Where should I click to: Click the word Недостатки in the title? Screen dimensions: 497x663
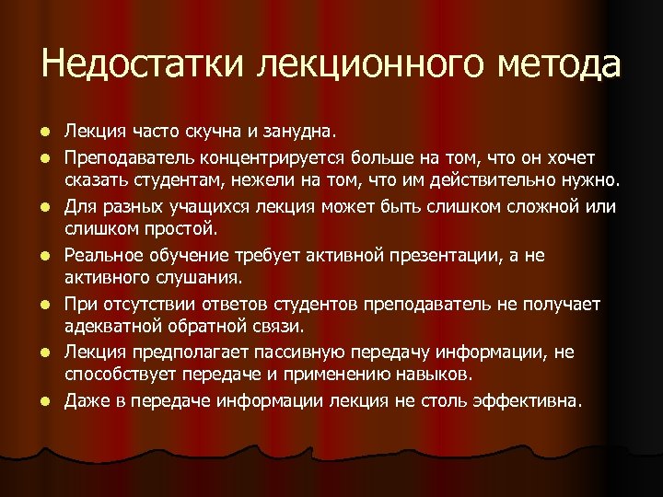click(x=144, y=64)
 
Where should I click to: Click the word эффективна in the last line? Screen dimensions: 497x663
click(x=526, y=400)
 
